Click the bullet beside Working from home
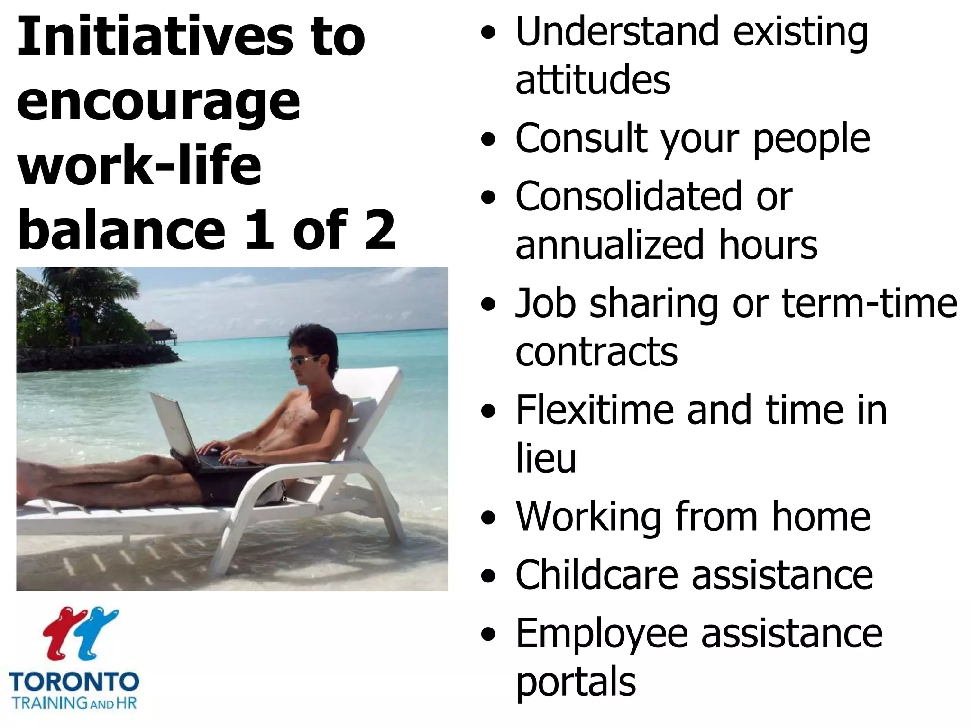[x=487, y=518]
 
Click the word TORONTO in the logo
[x=74, y=682]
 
